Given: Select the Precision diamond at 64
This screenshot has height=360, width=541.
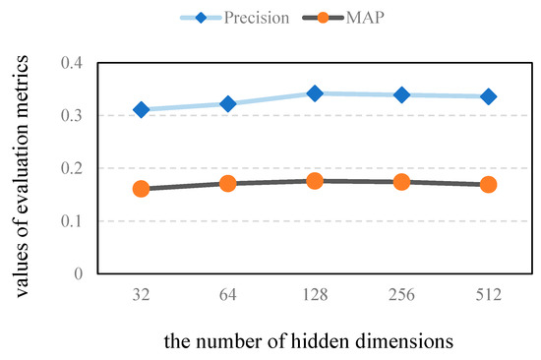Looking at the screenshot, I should [x=228, y=103].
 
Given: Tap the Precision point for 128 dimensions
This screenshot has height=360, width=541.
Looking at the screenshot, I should [x=315, y=93].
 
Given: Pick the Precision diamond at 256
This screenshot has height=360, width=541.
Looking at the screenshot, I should [x=401, y=94].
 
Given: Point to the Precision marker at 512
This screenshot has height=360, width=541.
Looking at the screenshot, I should [x=488, y=96].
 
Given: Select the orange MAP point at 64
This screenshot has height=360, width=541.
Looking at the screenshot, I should [x=228, y=183].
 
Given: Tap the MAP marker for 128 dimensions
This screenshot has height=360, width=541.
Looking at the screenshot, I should [x=315, y=181].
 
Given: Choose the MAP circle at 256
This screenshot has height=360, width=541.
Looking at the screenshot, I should [x=401, y=182].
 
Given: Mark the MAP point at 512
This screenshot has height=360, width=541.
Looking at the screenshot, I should [x=488, y=184].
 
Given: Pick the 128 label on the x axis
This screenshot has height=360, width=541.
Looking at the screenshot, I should [x=315, y=293].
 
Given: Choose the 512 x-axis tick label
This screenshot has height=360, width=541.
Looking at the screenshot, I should [x=488, y=293].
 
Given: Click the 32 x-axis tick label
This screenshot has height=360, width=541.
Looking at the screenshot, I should [x=141, y=293].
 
